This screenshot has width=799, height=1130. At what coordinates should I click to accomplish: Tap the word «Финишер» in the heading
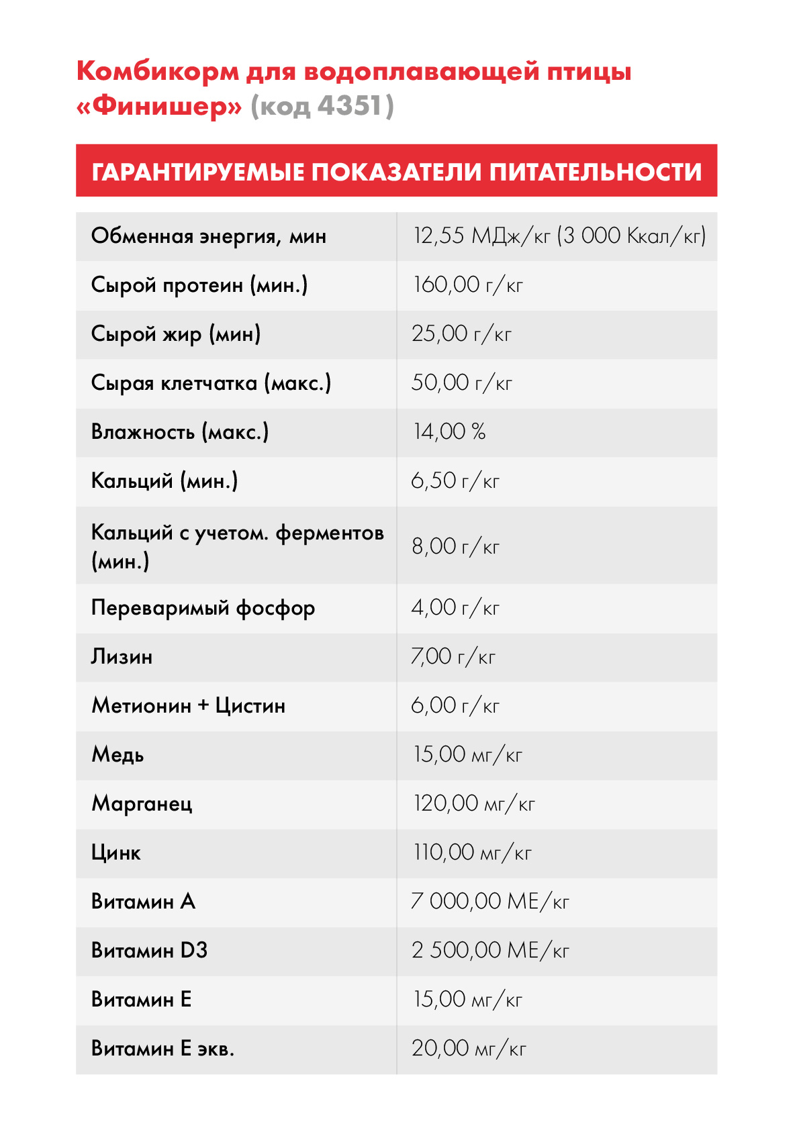click(x=159, y=106)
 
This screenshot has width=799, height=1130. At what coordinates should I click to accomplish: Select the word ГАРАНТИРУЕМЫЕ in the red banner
click(x=198, y=172)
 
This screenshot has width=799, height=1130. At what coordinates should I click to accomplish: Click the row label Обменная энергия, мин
click(x=209, y=236)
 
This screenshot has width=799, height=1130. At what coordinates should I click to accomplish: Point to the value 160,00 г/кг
click(x=467, y=285)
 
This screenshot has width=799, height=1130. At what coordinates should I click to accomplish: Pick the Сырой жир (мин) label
click(x=176, y=334)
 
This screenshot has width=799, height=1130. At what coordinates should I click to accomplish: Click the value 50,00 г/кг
click(x=461, y=383)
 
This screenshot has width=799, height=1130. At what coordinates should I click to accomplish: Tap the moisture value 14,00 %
click(x=449, y=432)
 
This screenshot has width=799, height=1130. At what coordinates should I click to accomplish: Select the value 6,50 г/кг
click(x=455, y=481)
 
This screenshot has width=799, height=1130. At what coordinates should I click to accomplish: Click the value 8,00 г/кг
click(x=455, y=546)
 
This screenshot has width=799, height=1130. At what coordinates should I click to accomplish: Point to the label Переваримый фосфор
click(x=203, y=608)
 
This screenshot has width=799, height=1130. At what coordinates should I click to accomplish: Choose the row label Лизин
click(x=122, y=657)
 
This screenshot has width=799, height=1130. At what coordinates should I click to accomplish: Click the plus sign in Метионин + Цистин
click(x=203, y=706)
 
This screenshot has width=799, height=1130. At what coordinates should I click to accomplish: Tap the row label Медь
click(x=117, y=755)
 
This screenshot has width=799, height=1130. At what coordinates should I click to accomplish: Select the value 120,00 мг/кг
click(x=474, y=804)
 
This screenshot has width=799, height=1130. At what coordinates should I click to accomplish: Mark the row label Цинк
click(x=115, y=853)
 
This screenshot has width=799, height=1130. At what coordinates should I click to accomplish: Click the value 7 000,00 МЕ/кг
click(x=490, y=902)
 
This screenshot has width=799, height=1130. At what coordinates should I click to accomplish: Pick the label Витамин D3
click(x=149, y=951)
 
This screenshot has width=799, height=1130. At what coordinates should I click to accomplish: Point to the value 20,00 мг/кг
click(x=469, y=1049)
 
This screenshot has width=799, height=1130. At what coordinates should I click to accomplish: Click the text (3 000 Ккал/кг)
click(x=632, y=236)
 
